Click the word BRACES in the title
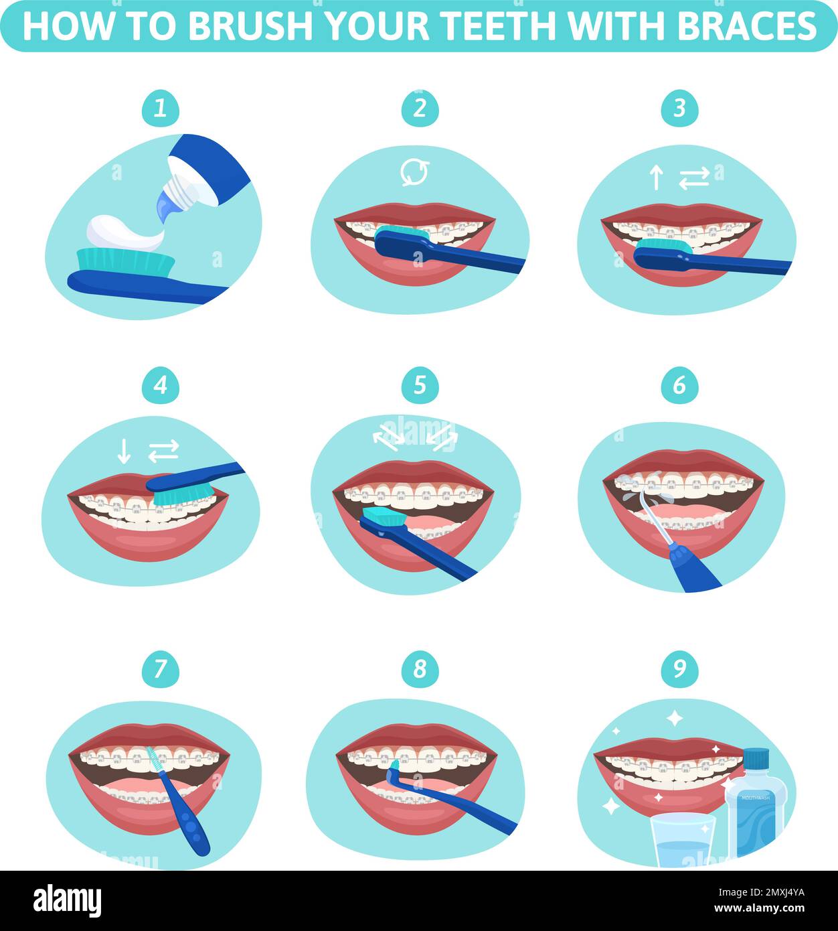[x=747, y=26]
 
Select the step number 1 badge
[x=160, y=108]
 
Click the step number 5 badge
[x=420, y=385]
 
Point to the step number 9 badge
[x=679, y=669]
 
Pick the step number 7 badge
[x=160, y=669]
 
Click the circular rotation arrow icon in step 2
[x=415, y=172]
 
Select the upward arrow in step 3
[x=657, y=177]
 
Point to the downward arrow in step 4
[x=124, y=451]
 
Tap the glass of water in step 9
[x=683, y=841]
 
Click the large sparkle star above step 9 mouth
[x=674, y=718]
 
